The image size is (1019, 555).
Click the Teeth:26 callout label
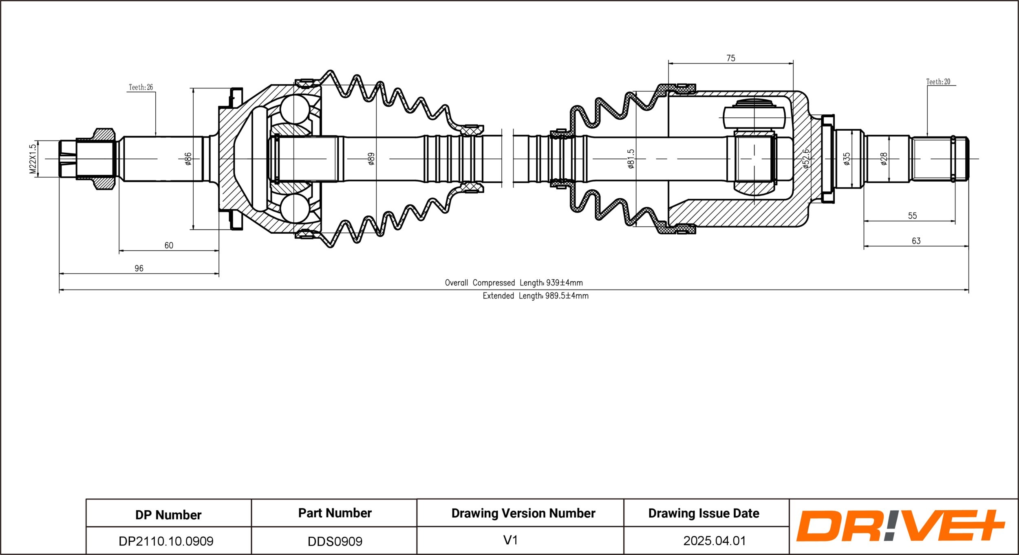tap(141, 87)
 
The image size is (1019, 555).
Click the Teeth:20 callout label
tap(938, 82)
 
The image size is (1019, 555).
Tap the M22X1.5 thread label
tap(33, 159)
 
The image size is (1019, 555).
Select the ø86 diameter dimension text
tap(188, 159)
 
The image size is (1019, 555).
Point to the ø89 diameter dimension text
tap(371, 159)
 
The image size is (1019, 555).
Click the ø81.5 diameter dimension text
tap(631, 159)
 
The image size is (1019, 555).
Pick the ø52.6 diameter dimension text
tap(806, 159)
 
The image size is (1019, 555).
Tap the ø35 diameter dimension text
tap(847, 159)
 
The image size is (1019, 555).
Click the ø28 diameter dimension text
tap(884, 159)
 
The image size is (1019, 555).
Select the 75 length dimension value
tap(731, 58)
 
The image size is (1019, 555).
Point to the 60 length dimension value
tap(169, 246)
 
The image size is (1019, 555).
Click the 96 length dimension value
tap(139, 268)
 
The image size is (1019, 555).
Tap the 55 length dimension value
tap(912, 216)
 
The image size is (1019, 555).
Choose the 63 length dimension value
tap(916, 241)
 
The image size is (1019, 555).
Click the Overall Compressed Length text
tap(514, 283)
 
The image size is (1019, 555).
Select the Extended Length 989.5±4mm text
tap(536, 296)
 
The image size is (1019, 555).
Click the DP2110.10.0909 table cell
tap(166, 541)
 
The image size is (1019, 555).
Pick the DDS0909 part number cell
tap(335, 541)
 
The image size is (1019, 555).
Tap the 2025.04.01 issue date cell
tap(715, 541)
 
